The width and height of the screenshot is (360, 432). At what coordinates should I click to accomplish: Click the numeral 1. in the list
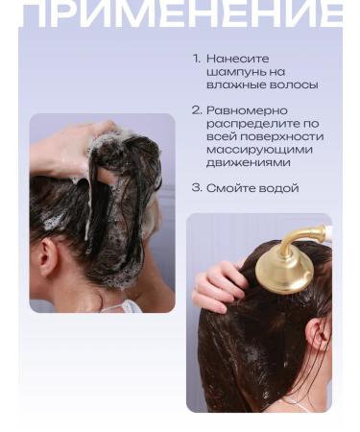point(196,59)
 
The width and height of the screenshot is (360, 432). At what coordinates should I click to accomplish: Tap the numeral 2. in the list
point(197,110)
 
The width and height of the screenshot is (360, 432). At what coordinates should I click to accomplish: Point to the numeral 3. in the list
point(197,188)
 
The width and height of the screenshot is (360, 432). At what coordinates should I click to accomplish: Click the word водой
point(276,188)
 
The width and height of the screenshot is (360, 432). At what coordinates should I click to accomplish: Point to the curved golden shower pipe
point(307,234)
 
